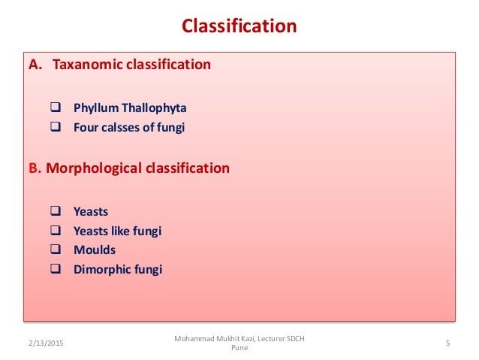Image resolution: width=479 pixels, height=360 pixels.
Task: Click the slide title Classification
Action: tap(239, 27)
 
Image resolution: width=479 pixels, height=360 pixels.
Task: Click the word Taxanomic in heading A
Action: tap(83, 65)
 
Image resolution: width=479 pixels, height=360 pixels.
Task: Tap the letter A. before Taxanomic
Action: tap(35, 65)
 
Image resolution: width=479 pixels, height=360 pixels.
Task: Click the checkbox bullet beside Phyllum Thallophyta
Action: tap(55, 107)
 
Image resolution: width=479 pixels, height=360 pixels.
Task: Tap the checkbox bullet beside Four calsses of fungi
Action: tap(55, 127)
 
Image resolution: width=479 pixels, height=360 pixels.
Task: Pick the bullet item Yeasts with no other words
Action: tap(91, 212)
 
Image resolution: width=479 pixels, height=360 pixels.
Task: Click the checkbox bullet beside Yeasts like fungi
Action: tap(55, 231)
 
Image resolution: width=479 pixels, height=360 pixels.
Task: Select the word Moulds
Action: tap(95, 250)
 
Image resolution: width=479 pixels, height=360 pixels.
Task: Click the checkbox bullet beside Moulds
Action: tap(55, 250)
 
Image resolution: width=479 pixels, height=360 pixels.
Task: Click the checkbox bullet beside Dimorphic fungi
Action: tap(55, 269)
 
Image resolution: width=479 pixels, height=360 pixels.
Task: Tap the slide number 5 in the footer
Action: tap(447, 343)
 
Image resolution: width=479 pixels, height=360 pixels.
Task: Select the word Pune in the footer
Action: tap(239, 349)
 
